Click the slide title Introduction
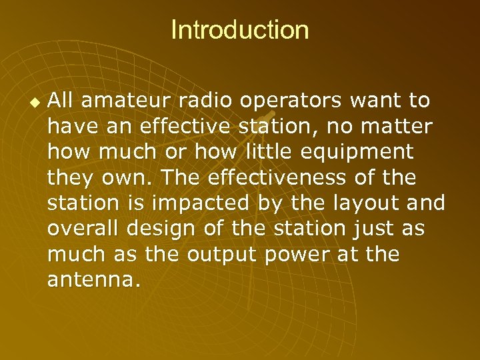point(240,30)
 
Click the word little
point(273,152)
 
